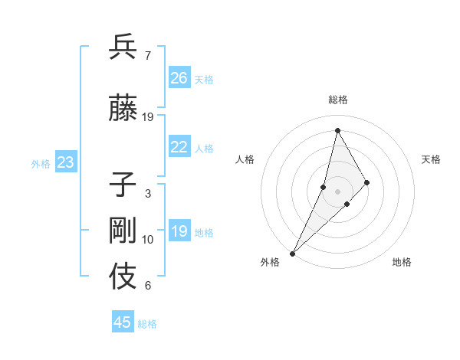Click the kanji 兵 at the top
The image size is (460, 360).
[x=123, y=47]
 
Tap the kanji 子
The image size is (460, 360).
[x=123, y=185]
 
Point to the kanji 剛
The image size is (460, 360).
[x=123, y=231]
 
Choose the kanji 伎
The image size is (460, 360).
[x=123, y=277]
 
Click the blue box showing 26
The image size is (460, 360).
[x=179, y=77]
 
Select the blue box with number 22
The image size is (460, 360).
[x=179, y=147]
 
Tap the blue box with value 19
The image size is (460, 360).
[x=179, y=231]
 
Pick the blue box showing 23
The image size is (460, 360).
[x=65, y=162]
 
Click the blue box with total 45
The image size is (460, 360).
[x=123, y=322]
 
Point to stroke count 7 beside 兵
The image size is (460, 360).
[x=147, y=55]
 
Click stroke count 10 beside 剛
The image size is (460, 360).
[x=148, y=240]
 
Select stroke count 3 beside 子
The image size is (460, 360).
[x=147, y=194]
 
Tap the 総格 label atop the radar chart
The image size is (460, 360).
[x=338, y=100]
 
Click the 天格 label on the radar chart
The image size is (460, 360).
[x=432, y=159]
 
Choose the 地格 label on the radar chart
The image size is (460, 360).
[x=402, y=262]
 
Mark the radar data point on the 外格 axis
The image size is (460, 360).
[x=293, y=253]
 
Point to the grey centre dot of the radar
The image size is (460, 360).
[x=338, y=191]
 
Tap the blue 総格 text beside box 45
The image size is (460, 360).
[x=147, y=324]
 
